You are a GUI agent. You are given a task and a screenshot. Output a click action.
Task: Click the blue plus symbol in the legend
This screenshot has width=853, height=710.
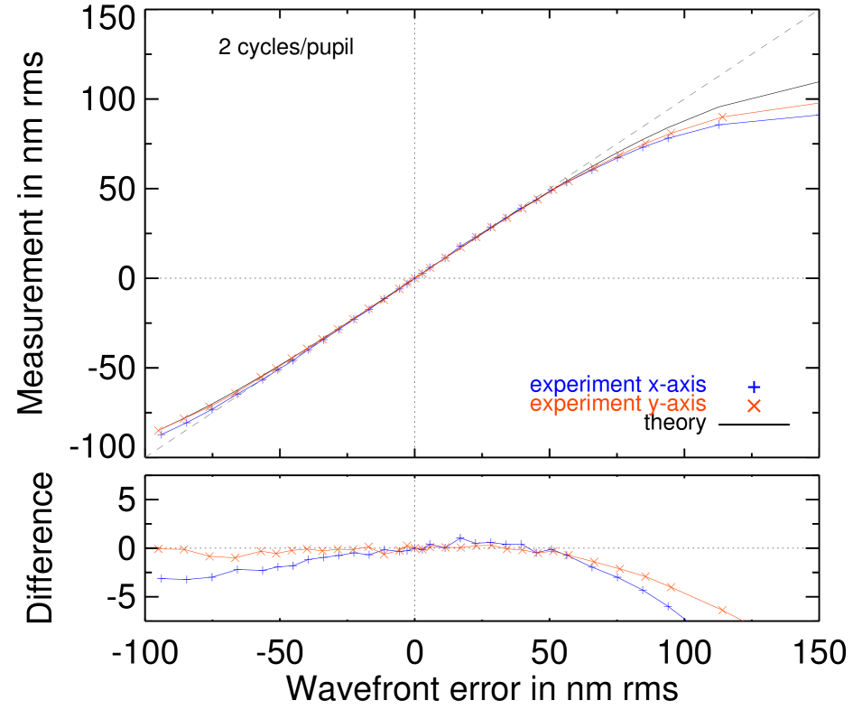click(x=754, y=387)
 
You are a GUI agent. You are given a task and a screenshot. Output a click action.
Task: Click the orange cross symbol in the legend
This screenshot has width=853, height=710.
click(x=754, y=406)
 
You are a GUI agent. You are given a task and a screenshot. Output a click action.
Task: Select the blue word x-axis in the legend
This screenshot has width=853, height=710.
click(x=677, y=386)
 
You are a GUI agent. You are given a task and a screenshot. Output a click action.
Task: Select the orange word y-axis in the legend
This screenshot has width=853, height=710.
click(x=677, y=406)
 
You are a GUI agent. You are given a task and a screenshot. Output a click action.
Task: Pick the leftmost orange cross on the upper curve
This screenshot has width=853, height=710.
click(x=158, y=431)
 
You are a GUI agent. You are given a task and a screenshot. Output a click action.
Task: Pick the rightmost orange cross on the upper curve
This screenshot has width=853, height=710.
click(x=722, y=117)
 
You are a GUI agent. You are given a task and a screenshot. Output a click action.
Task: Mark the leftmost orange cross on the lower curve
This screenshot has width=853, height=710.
click(x=158, y=548)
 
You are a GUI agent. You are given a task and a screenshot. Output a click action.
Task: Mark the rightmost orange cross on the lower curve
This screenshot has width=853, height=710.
click(x=722, y=610)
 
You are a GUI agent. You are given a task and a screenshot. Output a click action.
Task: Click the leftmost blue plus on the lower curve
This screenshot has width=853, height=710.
click(x=161, y=578)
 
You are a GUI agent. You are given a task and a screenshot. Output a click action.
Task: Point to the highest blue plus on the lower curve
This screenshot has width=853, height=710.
click(x=460, y=538)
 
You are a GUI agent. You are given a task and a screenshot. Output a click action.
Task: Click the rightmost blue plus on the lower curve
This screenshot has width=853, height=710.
click(x=668, y=606)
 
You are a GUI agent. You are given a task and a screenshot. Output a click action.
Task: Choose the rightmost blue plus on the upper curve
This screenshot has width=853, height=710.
click(x=719, y=125)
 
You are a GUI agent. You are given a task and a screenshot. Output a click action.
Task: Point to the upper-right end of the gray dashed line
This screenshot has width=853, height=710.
click(x=816, y=12)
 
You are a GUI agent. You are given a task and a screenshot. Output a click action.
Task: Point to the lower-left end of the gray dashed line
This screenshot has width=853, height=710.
click(x=146, y=456)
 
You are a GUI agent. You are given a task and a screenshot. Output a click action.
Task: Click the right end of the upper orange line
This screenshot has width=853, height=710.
click(x=819, y=103)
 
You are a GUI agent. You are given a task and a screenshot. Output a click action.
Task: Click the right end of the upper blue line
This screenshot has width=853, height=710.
click(x=819, y=114)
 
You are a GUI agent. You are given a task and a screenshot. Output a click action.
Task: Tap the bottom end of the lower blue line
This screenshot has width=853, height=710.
click(x=688, y=621)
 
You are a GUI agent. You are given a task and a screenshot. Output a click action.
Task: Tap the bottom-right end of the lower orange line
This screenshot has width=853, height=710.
click(x=743, y=621)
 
